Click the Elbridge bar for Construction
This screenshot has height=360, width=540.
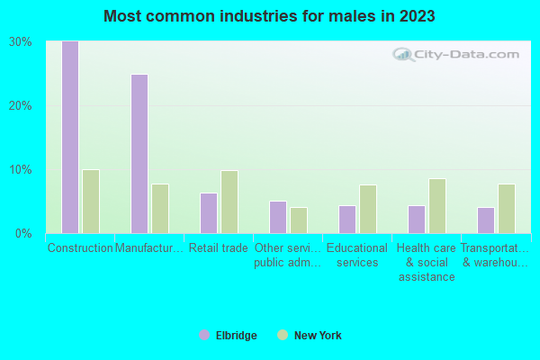click(x=69, y=137)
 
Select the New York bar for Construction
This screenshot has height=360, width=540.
click(x=91, y=202)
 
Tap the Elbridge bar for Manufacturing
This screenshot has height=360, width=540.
click(x=139, y=154)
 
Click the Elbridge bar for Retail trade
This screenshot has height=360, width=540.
click(x=208, y=213)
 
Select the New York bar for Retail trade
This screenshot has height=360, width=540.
click(x=229, y=202)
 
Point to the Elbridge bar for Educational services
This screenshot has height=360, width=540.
click(x=346, y=220)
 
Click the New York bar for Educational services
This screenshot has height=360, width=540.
click(x=368, y=209)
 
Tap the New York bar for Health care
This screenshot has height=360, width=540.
click(x=437, y=206)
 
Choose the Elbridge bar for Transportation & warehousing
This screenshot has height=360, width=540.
click(x=485, y=220)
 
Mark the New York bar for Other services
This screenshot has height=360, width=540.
click(x=299, y=220)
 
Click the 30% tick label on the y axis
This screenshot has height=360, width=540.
click(x=21, y=41)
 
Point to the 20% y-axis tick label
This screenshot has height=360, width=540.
click(x=21, y=105)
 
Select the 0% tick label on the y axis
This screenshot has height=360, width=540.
click(x=24, y=233)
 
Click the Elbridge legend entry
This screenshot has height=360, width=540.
click(x=228, y=336)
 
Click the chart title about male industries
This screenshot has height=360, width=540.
click(x=270, y=16)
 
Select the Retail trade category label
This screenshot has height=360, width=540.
click(x=219, y=248)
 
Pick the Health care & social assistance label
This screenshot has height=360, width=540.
click(x=427, y=262)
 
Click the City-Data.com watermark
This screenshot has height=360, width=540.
click(x=459, y=55)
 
